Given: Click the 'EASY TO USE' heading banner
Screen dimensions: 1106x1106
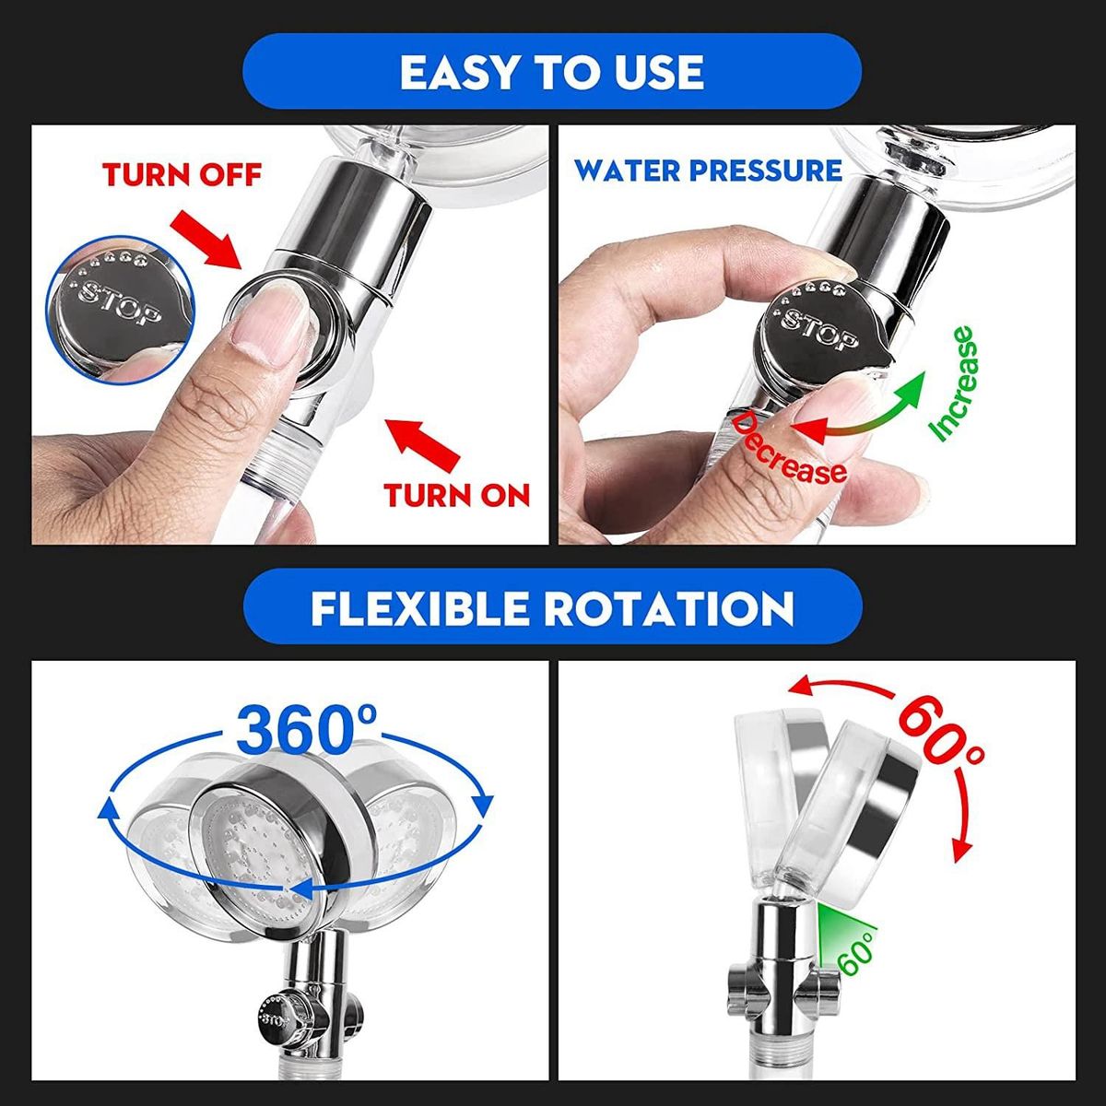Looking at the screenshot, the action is pyautogui.click(x=552, y=71).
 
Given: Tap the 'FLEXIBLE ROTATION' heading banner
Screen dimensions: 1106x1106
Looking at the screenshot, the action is pyautogui.click(x=552, y=606).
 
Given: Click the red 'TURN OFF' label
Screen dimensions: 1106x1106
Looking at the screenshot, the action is pyautogui.click(x=182, y=174).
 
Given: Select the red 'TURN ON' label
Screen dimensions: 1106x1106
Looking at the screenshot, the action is pyautogui.click(x=457, y=494).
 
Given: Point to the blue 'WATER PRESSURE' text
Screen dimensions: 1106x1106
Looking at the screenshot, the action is pyautogui.click(x=708, y=171).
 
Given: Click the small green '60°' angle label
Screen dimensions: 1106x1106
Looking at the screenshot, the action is pyautogui.click(x=855, y=950).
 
